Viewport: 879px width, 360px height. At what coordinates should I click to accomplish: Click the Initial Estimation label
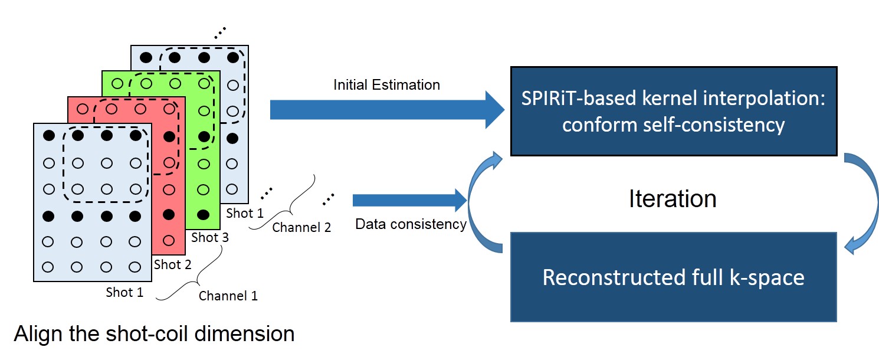click(386, 84)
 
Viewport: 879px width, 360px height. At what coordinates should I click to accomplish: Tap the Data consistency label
click(411, 224)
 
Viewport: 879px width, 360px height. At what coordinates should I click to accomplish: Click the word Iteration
click(673, 198)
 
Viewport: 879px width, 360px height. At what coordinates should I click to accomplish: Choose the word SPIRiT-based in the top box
click(575, 97)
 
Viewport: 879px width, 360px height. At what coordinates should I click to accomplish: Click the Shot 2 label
click(172, 264)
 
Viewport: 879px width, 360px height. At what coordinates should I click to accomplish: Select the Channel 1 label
click(228, 296)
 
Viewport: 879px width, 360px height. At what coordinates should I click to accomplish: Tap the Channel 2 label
click(301, 227)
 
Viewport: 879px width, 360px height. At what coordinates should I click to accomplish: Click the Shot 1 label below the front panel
click(124, 292)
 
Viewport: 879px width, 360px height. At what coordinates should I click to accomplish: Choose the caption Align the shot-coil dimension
click(154, 334)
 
